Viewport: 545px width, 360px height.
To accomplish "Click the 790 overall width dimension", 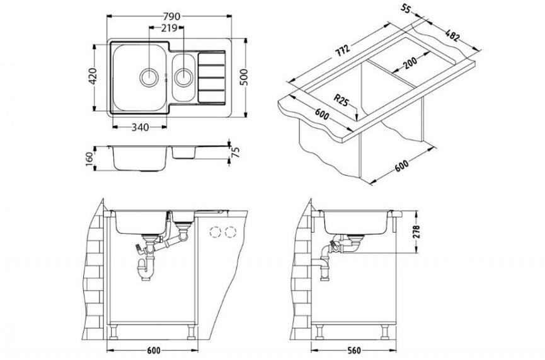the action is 171,16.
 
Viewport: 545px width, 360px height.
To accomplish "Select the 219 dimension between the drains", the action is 169,28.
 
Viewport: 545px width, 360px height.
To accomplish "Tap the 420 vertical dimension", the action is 93,76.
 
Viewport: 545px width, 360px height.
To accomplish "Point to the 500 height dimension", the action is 244,77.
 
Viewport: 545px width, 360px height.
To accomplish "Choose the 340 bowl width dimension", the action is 140,127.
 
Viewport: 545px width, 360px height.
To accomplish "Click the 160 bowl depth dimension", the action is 89,159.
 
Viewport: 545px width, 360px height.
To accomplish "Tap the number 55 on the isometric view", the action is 406,8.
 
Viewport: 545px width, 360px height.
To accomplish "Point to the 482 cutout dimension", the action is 452,35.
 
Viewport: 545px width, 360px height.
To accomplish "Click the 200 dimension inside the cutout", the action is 410,63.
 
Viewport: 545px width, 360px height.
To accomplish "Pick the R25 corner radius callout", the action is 341,100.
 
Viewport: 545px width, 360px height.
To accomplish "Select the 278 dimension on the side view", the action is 416,231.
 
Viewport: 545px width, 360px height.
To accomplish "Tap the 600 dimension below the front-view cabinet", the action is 153,351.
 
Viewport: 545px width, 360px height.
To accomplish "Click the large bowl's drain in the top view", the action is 149,77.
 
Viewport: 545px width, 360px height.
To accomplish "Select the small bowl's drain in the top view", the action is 183,77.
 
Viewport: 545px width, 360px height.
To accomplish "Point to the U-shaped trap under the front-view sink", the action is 146,270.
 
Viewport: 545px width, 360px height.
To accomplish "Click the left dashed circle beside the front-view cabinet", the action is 215,232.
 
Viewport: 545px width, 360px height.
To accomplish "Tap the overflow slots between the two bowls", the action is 166,77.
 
